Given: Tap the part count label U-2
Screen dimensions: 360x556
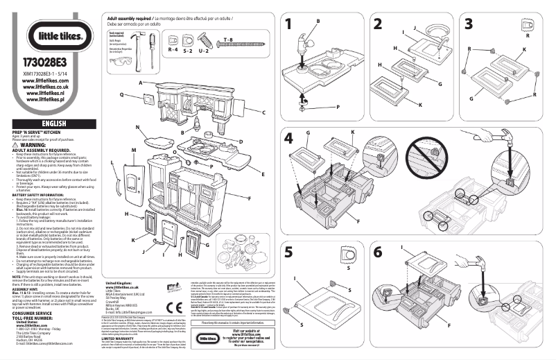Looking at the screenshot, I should (x=204, y=51).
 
